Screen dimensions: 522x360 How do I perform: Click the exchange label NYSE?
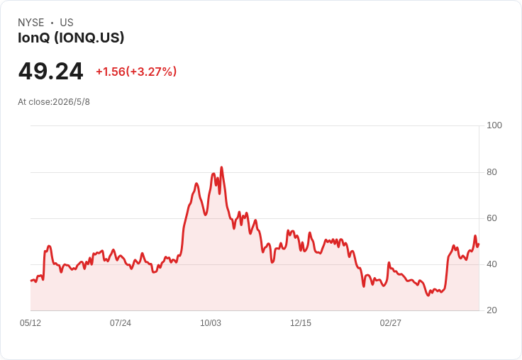click(x=31, y=23)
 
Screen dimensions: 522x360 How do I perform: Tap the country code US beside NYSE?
click(x=67, y=23)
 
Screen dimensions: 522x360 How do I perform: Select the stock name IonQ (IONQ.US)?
click(x=71, y=38)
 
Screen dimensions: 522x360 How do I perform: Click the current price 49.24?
click(x=50, y=71)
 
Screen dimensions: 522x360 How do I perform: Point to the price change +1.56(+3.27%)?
click(x=136, y=72)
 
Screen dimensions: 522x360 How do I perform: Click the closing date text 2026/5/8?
click(x=71, y=102)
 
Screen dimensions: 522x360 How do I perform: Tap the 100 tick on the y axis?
click(x=494, y=125)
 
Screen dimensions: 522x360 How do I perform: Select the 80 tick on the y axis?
click(x=492, y=172)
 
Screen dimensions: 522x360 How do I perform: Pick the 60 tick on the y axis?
click(x=492, y=218)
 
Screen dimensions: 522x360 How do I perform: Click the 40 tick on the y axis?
click(x=492, y=264)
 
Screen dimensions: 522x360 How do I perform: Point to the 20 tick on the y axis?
click(x=492, y=310)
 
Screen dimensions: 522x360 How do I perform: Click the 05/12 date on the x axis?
click(x=30, y=323)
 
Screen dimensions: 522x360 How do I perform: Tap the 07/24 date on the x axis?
click(x=121, y=323)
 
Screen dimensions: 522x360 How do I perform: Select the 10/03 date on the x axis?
click(x=211, y=323)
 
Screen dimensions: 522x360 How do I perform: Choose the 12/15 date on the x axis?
click(x=301, y=323)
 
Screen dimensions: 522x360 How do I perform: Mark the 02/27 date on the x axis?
click(x=391, y=323)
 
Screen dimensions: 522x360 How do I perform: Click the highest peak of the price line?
click(x=222, y=167)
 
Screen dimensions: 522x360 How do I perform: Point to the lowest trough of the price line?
click(x=428, y=296)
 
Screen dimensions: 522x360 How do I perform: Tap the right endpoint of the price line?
click(x=479, y=244)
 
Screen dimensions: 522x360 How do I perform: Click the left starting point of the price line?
click(x=31, y=281)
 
